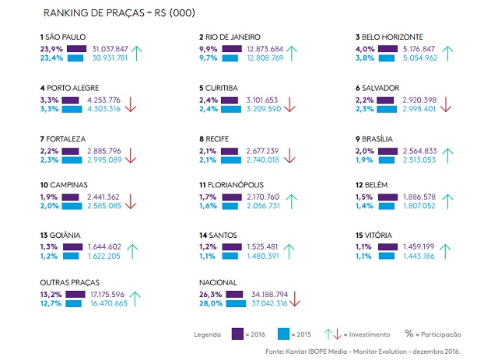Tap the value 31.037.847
click(x=110, y=48)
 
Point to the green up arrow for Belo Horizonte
click(x=447, y=53)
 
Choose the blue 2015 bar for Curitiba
click(x=232, y=109)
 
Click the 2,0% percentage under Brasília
click(x=365, y=150)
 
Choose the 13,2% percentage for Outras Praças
click(x=51, y=295)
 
